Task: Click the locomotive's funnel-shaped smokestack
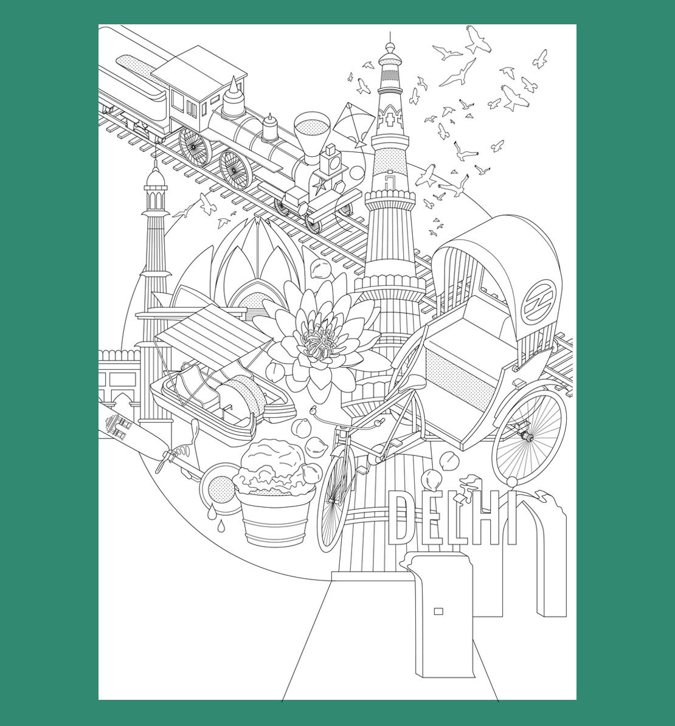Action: [313, 134]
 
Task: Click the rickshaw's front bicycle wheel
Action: [336, 498]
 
